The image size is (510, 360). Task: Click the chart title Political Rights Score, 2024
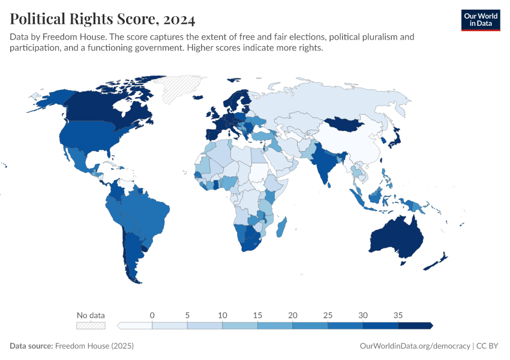[103, 20]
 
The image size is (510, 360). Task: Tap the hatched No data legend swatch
[91, 325]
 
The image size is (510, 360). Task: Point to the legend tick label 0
[152, 315]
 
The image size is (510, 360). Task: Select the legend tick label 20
[293, 315]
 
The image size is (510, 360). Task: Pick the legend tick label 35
[398, 315]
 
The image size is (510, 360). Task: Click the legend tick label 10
[223, 315]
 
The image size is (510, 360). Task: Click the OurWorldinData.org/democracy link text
[415, 346]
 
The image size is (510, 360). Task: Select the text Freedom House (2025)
[94, 346]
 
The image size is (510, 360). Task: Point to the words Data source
[31, 346]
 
